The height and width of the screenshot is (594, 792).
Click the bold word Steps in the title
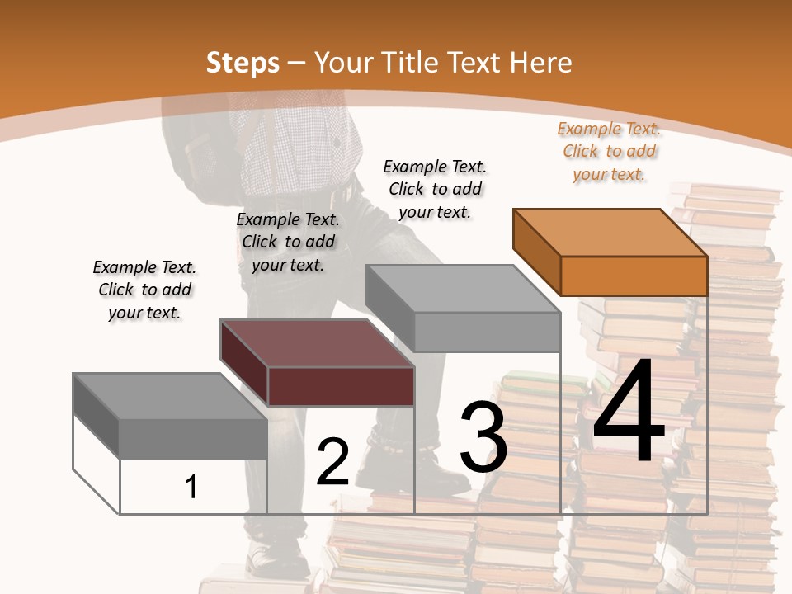click(243, 63)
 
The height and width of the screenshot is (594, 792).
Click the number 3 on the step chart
click(483, 438)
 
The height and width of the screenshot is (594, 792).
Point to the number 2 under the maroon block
click(332, 462)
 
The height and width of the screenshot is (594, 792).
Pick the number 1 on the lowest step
click(191, 487)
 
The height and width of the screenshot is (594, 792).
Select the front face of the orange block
click(634, 276)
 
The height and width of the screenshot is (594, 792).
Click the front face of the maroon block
click(341, 386)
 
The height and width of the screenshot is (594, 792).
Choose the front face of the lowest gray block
click(193, 438)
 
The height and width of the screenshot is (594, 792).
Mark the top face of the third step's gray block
click(462, 290)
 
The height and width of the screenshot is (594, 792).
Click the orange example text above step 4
click(609, 152)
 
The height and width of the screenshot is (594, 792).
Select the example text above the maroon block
click(288, 242)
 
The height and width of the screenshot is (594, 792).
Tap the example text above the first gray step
click(144, 290)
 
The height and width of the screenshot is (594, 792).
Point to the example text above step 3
click(435, 189)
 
